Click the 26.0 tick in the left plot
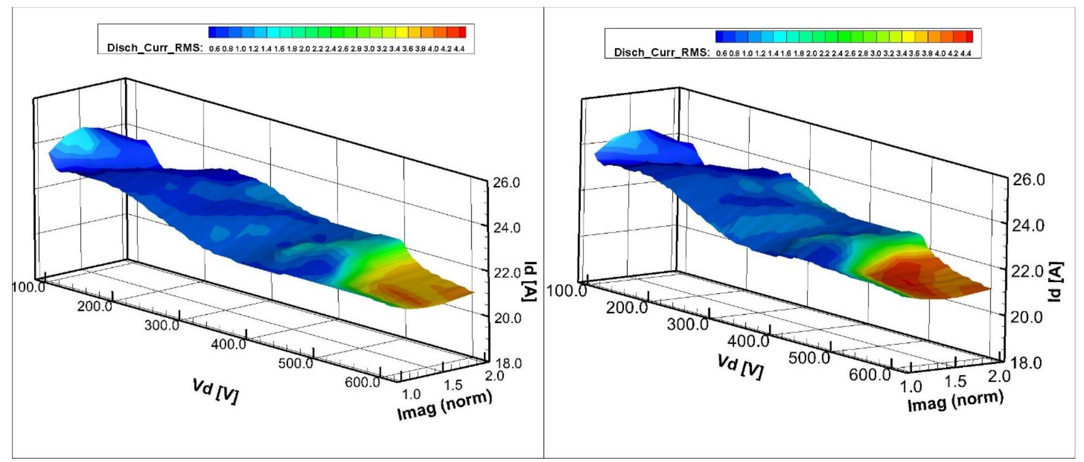[507, 183]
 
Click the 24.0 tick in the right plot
[1028, 225]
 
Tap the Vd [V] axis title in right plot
[740, 367]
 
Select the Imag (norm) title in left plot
[444, 406]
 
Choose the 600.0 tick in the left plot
[362, 382]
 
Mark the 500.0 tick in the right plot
[809, 358]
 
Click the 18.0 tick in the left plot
[508, 363]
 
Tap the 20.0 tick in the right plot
[1028, 317]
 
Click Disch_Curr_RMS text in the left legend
[154, 48]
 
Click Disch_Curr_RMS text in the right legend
[661, 52]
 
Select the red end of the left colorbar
[462, 32]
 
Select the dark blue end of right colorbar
[719, 37]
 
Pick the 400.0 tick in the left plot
[228, 344]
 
